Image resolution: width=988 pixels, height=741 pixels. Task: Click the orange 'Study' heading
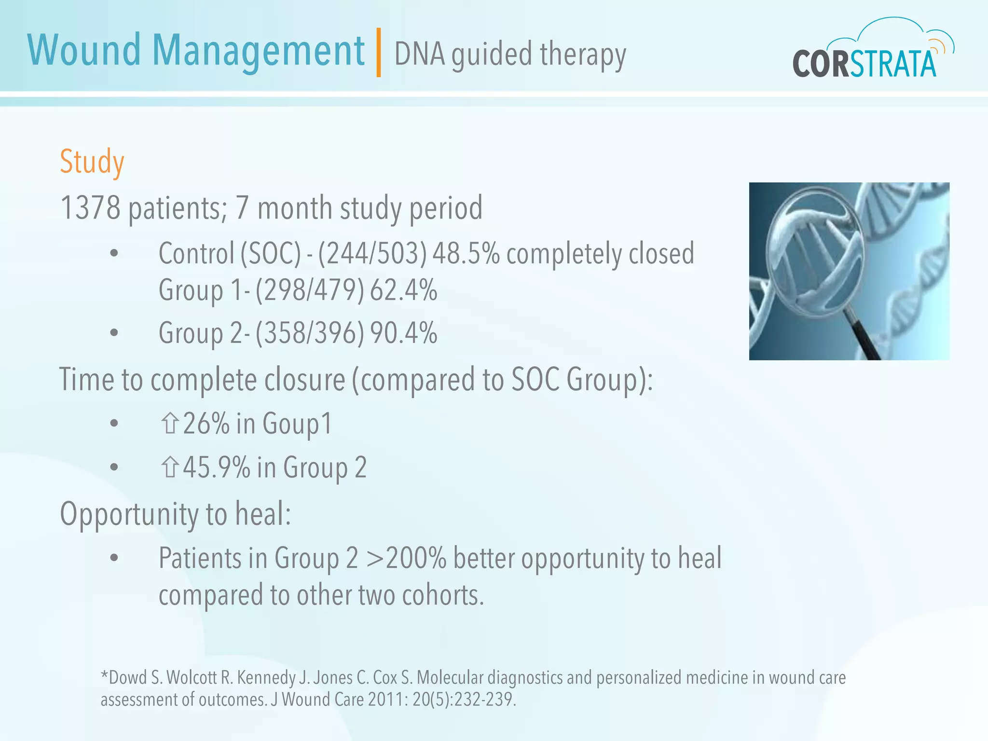coord(92,162)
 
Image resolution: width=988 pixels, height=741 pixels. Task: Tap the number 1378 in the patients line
coord(90,208)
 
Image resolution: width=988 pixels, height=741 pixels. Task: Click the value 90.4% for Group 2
coord(404,333)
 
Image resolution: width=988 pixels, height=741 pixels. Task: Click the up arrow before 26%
coord(170,424)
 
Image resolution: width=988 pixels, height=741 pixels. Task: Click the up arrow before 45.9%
coord(170,467)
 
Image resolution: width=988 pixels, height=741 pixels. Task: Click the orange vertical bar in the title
coord(379,53)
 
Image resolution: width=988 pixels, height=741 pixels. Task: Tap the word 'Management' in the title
coord(258,51)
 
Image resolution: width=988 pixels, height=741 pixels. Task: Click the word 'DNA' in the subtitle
coord(419,54)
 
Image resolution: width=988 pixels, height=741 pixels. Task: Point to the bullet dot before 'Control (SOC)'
coord(114,254)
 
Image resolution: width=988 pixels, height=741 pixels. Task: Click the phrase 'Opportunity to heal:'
coord(175,514)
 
